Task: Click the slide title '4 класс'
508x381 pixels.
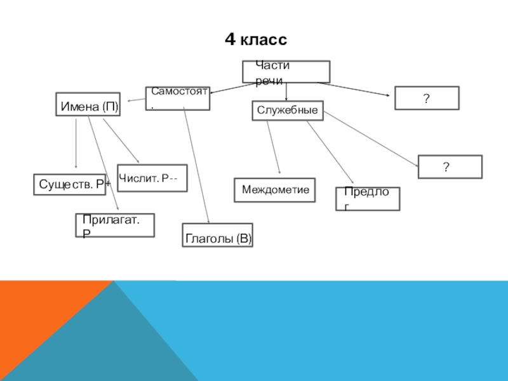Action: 256,41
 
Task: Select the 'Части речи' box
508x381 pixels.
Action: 286,72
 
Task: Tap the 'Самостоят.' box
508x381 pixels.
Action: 178,98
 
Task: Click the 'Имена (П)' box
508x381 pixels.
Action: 88,106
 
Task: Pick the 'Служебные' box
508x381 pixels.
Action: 288,110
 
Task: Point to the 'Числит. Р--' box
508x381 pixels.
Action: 152,178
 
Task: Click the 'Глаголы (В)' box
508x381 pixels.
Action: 218,235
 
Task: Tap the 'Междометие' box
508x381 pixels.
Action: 275,190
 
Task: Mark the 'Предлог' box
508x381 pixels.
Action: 368,199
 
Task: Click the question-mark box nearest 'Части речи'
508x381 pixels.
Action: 427,98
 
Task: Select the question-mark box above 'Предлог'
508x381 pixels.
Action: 450,166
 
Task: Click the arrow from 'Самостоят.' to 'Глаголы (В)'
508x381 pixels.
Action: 196,165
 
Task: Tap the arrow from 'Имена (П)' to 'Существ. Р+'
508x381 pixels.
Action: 76,143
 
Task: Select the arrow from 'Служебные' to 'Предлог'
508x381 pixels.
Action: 330,153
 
